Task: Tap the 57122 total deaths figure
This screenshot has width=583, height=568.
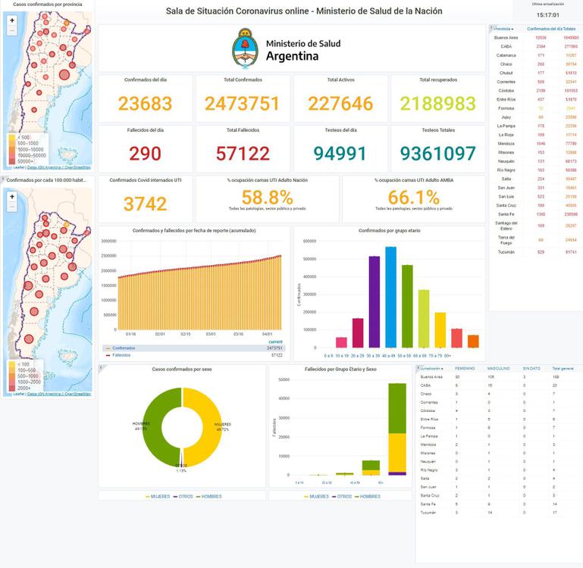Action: pyautogui.click(x=243, y=154)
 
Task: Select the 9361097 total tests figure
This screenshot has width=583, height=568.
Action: pyautogui.click(x=438, y=154)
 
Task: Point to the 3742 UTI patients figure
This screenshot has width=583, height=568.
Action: pyautogui.click(x=145, y=204)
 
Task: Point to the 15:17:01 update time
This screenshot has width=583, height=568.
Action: pyautogui.click(x=547, y=14)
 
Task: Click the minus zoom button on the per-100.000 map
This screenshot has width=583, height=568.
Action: pyautogui.click(x=12, y=206)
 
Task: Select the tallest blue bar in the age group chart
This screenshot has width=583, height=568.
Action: pyautogui.click(x=390, y=296)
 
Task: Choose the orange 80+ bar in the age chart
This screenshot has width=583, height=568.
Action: pyautogui.click(x=473, y=341)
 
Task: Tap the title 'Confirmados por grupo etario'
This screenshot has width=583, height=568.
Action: pyautogui.click(x=389, y=229)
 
